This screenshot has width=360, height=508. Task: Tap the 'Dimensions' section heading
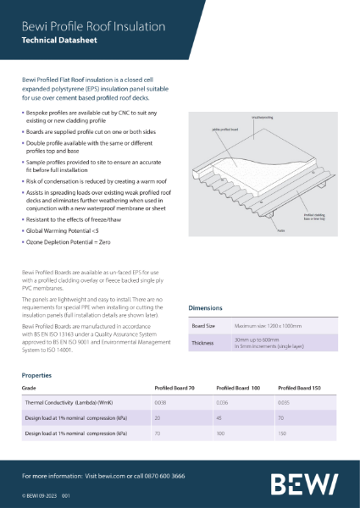(x=205, y=308)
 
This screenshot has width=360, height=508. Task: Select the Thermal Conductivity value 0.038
(x=160, y=402)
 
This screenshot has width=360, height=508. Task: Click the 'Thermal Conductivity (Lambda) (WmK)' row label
(x=69, y=402)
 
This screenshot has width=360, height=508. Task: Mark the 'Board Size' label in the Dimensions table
(x=204, y=325)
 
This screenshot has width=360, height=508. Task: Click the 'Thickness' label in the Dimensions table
(x=203, y=343)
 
